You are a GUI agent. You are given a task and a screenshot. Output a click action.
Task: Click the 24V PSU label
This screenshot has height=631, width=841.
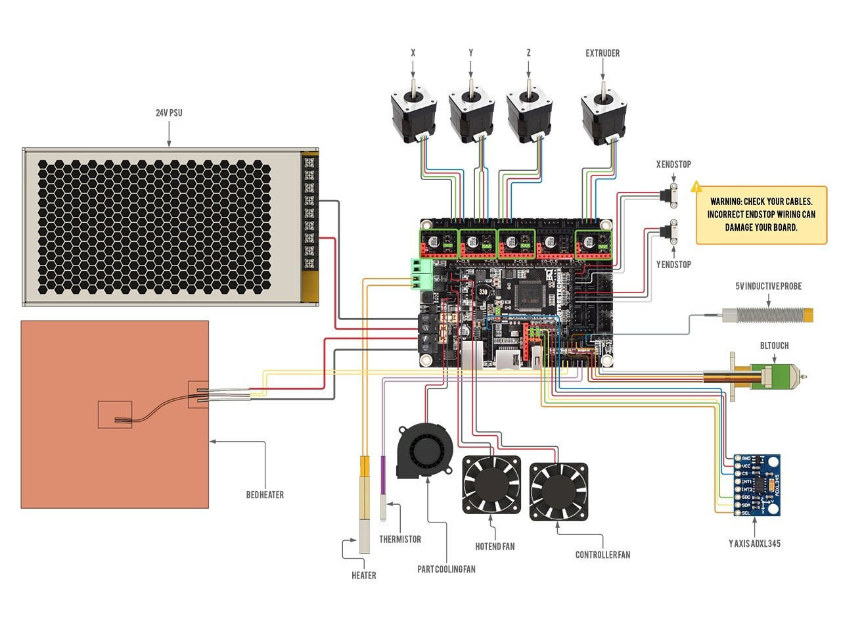tap(169, 113)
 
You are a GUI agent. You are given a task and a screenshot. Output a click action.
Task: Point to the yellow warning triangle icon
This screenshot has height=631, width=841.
tap(696, 187)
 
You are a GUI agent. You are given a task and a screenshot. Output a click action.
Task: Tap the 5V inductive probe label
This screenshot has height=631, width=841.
tap(768, 287)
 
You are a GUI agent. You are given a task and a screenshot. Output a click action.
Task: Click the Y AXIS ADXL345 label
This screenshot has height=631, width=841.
tap(754, 544)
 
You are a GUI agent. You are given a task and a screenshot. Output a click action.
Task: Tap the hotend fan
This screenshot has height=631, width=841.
tap(492, 484)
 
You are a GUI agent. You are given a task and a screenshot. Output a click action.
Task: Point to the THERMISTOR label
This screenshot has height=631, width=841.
tap(399, 540)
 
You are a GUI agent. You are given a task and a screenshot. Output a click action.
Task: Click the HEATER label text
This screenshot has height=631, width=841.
tap(363, 576)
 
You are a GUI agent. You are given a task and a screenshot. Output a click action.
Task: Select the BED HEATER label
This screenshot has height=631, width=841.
tap(265, 495)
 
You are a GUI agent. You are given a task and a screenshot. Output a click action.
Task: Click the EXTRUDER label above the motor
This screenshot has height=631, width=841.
tap(602, 53)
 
